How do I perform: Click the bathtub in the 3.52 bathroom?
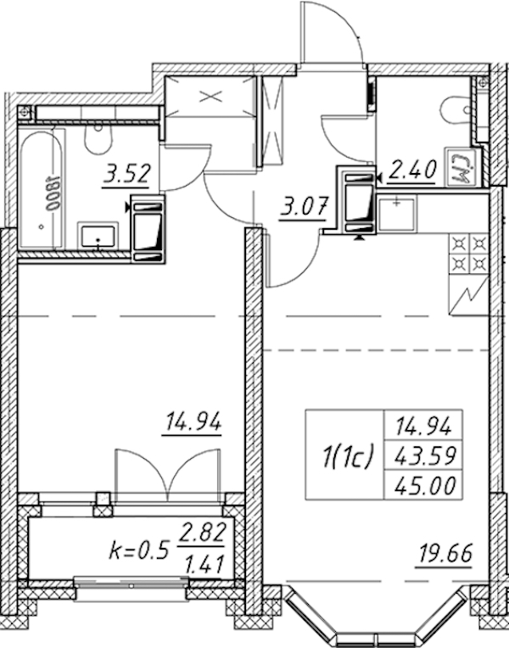click(41, 189)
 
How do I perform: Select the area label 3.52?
click(126, 174)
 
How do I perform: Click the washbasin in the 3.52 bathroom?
click(98, 235)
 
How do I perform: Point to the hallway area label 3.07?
click(304, 207)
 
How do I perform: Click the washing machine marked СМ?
click(460, 166)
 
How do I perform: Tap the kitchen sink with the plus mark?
click(396, 213)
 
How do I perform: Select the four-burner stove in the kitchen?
click(469, 254)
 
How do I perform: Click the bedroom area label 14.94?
click(193, 422)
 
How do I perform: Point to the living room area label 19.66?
click(445, 554)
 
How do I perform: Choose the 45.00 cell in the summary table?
click(424, 485)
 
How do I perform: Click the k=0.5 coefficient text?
click(139, 550)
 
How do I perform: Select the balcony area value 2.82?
click(201, 533)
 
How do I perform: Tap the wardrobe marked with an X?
click(210, 98)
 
